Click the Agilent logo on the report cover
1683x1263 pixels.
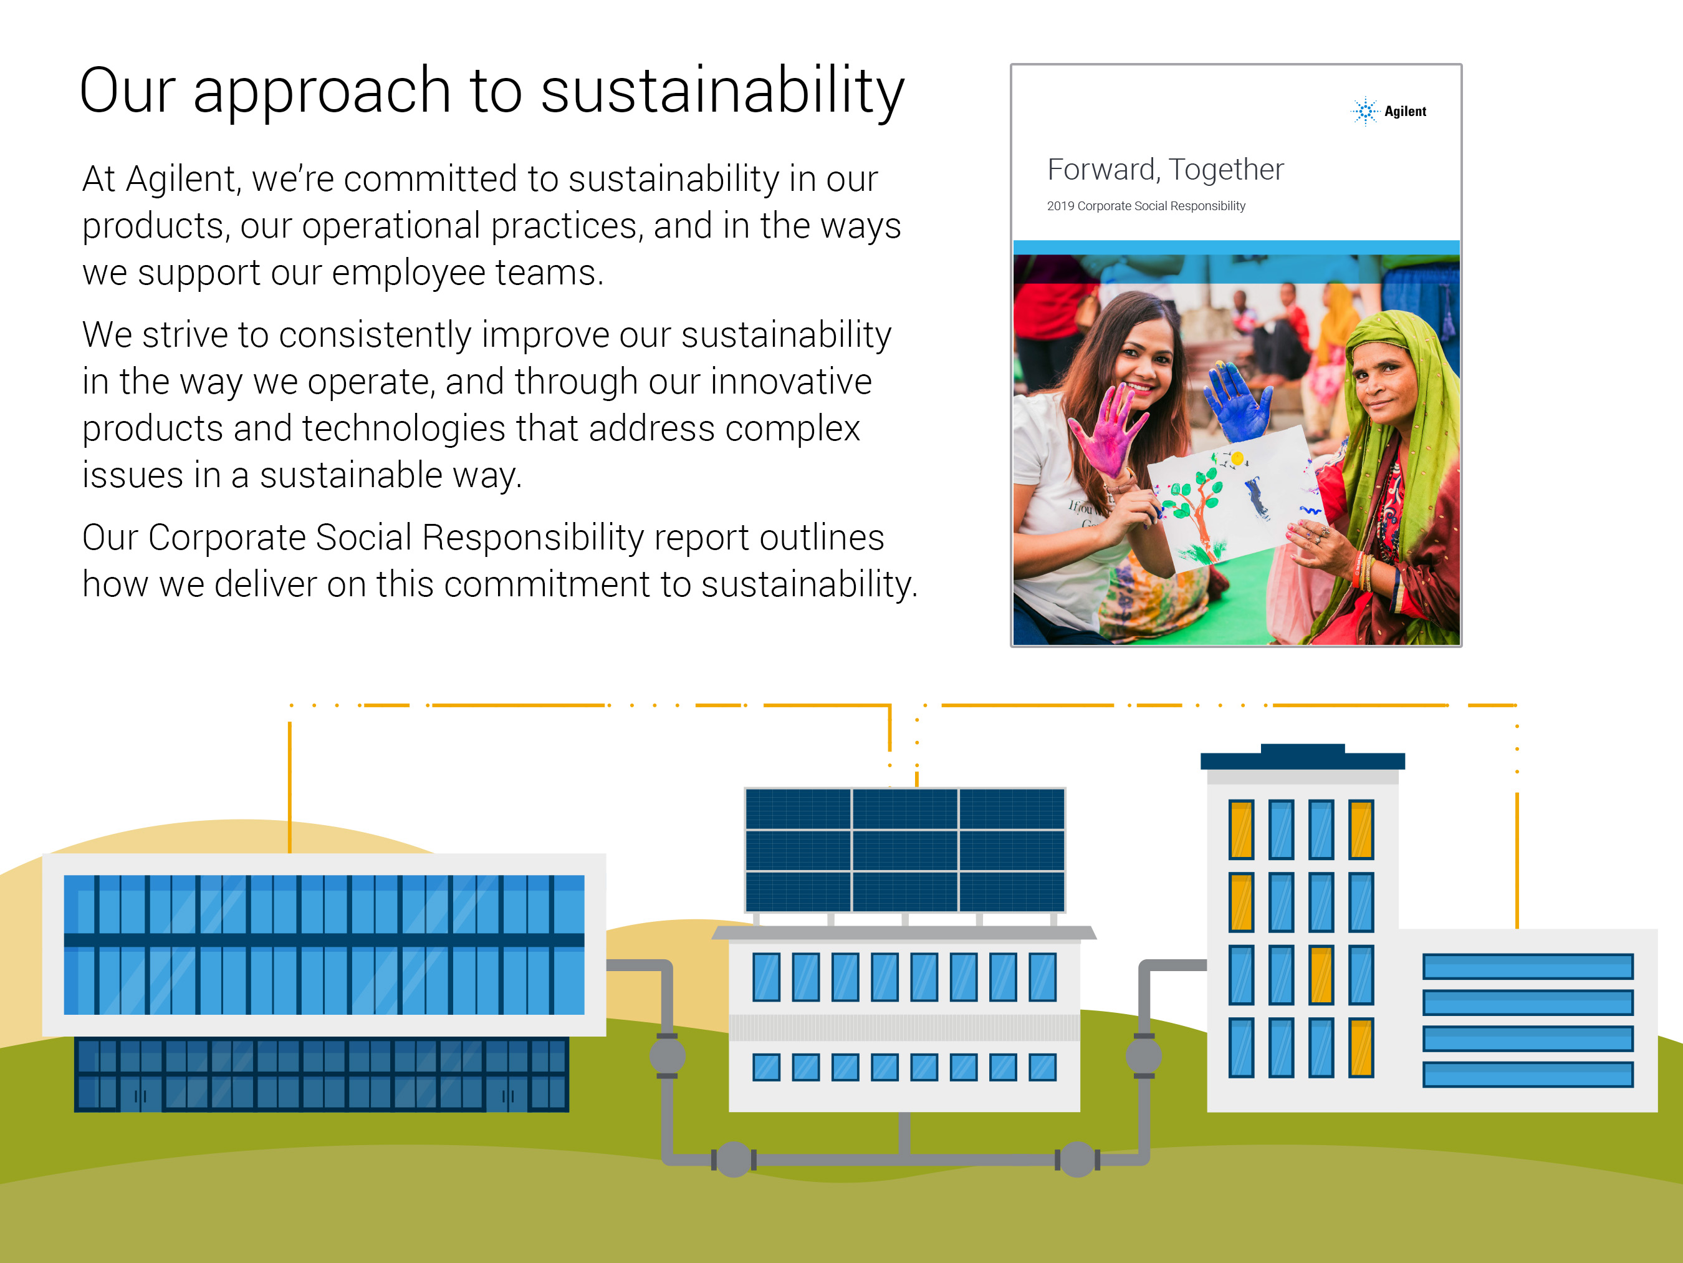click(x=1389, y=111)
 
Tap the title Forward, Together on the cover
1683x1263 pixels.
click(x=1165, y=169)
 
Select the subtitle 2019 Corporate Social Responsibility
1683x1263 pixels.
click(x=1146, y=206)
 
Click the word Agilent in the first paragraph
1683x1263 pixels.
click(x=181, y=180)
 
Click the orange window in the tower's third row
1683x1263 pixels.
click(x=1321, y=974)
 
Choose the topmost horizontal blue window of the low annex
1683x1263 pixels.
click(x=1528, y=966)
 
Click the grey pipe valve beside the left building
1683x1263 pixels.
click(x=667, y=1056)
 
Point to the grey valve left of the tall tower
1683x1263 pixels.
click(x=1144, y=1056)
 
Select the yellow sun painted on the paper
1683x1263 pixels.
click(x=1238, y=458)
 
